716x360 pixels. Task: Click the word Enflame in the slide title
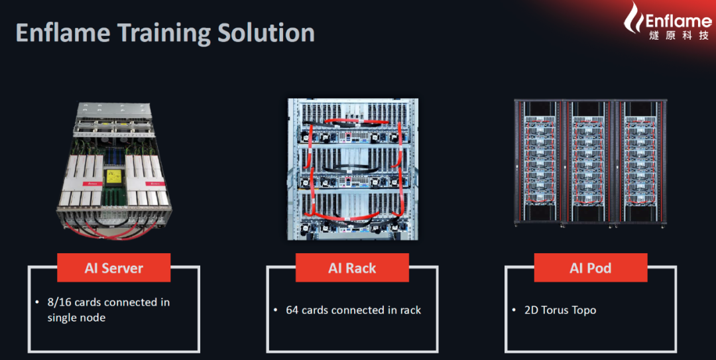coord(64,33)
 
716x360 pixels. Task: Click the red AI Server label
coord(113,268)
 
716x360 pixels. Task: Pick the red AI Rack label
coord(352,268)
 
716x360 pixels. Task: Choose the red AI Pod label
coord(590,268)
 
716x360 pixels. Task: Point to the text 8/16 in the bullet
coord(59,302)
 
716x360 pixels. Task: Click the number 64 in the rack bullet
coord(292,310)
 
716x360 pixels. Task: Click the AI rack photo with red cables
coord(351,169)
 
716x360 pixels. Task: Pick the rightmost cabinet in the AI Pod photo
coord(641,162)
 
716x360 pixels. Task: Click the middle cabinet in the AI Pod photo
coord(589,162)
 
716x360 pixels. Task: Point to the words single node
coord(76,318)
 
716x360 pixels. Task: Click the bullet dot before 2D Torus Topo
coord(514,310)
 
